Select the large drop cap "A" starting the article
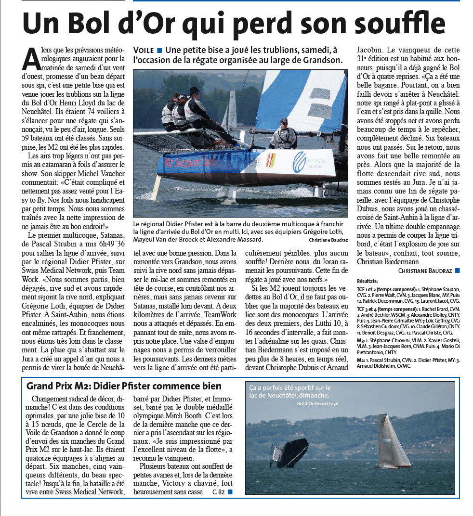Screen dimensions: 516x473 [x=30, y=59]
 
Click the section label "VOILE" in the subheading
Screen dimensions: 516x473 [x=144, y=50]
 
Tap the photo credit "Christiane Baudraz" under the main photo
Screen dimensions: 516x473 [x=328, y=239]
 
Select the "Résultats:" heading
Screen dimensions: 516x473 [x=368, y=281]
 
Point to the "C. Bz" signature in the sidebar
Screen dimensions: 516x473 [x=218, y=491]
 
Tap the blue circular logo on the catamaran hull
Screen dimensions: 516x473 [x=300, y=162]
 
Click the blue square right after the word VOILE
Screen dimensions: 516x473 [x=159, y=50]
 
